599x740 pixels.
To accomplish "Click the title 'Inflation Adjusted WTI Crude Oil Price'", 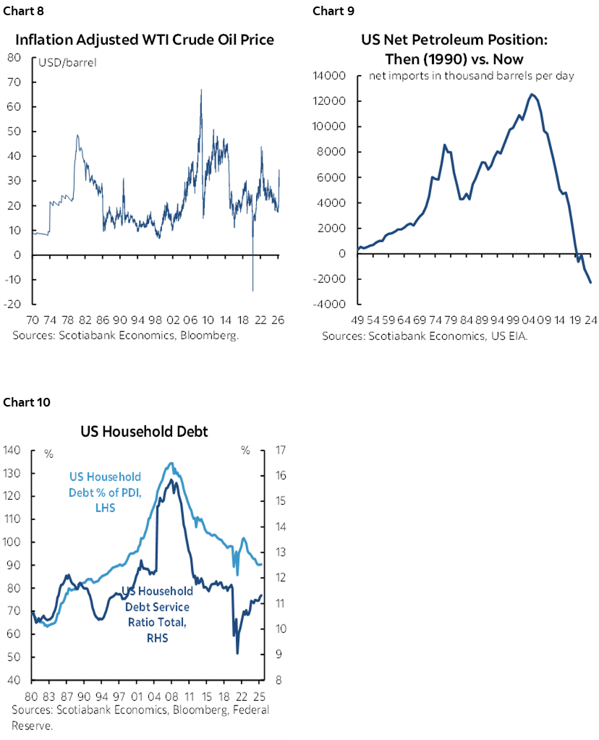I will tap(145, 39).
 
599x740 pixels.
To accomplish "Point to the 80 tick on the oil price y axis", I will tap(13, 57).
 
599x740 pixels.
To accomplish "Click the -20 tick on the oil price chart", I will tap(11, 304).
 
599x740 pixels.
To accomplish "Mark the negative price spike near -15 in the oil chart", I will tap(252, 290).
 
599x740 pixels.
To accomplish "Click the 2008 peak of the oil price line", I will tap(200, 90).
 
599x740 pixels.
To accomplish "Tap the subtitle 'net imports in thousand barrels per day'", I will tap(472, 75).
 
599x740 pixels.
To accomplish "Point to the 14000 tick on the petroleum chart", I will tap(328, 75).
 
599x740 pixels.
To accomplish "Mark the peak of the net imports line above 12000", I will tap(532, 94).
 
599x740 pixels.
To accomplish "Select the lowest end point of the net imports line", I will tap(590, 283).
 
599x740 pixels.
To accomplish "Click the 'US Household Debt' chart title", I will tap(145, 432).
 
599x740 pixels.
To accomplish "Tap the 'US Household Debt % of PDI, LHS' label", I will tap(106, 493).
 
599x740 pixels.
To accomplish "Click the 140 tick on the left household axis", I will tap(12, 450).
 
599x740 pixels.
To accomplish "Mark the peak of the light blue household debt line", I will tap(171, 464).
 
